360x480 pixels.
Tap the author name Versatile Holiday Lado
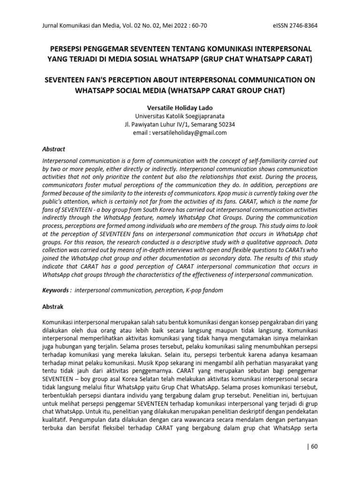pyautogui.click(x=180, y=108)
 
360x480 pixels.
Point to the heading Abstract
pyautogui.click(x=54, y=149)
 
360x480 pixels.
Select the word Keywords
pyautogui.click(x=55, y=291)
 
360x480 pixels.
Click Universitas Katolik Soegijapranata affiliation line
pyautogui.click(x=180, y=116)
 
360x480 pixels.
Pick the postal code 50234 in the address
pyautogui.click(x=227, y=125)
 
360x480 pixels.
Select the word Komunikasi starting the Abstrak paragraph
pyautogui.click(x=59, y=323)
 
